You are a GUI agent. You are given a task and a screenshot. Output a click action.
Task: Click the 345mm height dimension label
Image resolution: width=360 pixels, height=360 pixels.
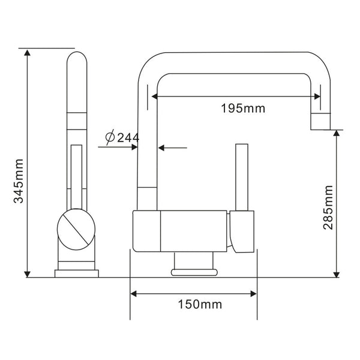[19, 181]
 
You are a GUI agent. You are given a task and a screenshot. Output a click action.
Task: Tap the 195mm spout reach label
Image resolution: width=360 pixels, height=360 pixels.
[243, 108]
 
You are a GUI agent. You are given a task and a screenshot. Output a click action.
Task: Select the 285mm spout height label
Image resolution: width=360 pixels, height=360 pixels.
[328, 208]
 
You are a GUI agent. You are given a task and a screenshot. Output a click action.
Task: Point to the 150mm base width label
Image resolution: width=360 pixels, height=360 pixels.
[200, 304]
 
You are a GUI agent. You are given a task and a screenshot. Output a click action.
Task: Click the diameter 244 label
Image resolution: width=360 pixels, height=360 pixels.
[122, 137]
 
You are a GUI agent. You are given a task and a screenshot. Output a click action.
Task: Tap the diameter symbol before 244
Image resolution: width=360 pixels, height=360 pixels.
[110, 137]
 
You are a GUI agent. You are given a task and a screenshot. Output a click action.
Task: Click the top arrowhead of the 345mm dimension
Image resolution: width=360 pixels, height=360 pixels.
[28, 53]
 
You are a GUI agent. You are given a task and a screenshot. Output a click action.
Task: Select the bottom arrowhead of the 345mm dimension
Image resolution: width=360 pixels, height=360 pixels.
[28, 274]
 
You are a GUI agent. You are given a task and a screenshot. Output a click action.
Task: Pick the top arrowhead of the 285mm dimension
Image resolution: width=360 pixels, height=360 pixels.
[337, 133]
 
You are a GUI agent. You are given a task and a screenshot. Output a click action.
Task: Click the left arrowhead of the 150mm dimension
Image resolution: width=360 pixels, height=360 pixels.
[133, 293]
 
